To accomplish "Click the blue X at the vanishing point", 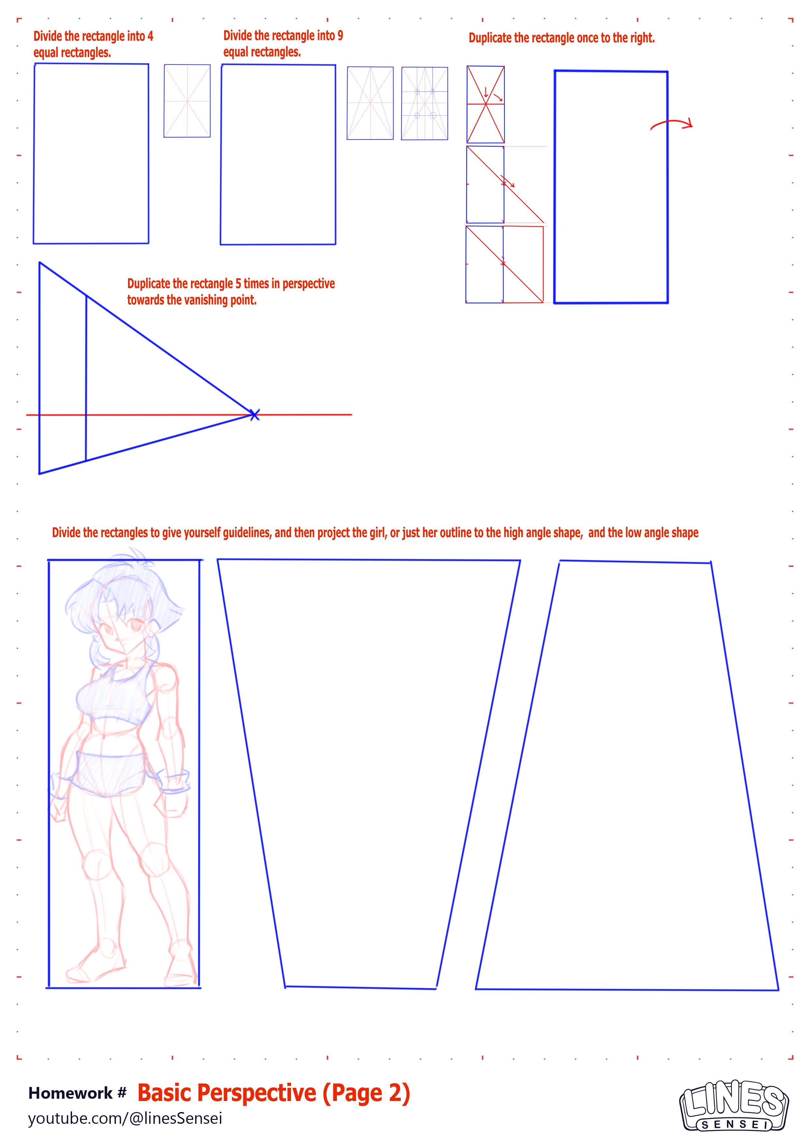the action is [254, 415].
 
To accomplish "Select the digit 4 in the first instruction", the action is [150, 36].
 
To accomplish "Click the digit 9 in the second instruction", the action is [340, 36].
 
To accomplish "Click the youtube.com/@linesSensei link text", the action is [125, 1118].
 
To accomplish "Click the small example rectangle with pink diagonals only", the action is [187, 101].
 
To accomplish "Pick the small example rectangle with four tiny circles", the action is [425, 104].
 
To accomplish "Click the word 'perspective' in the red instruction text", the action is [309, 284].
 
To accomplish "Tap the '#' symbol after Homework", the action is [122, 1093].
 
